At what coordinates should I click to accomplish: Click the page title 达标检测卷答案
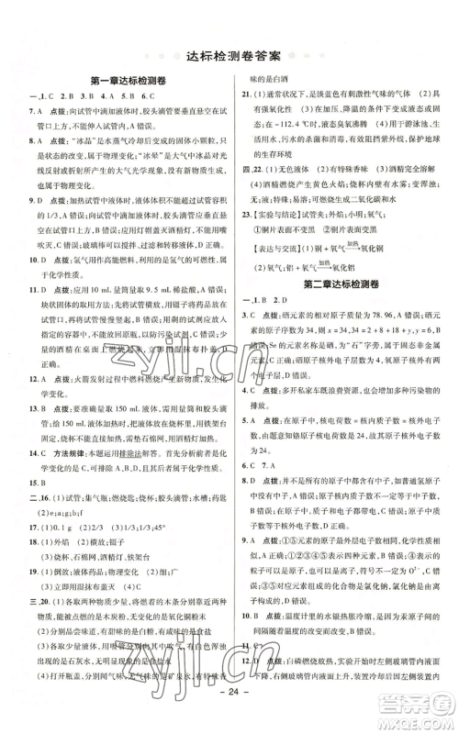click(x=229, y=51)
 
